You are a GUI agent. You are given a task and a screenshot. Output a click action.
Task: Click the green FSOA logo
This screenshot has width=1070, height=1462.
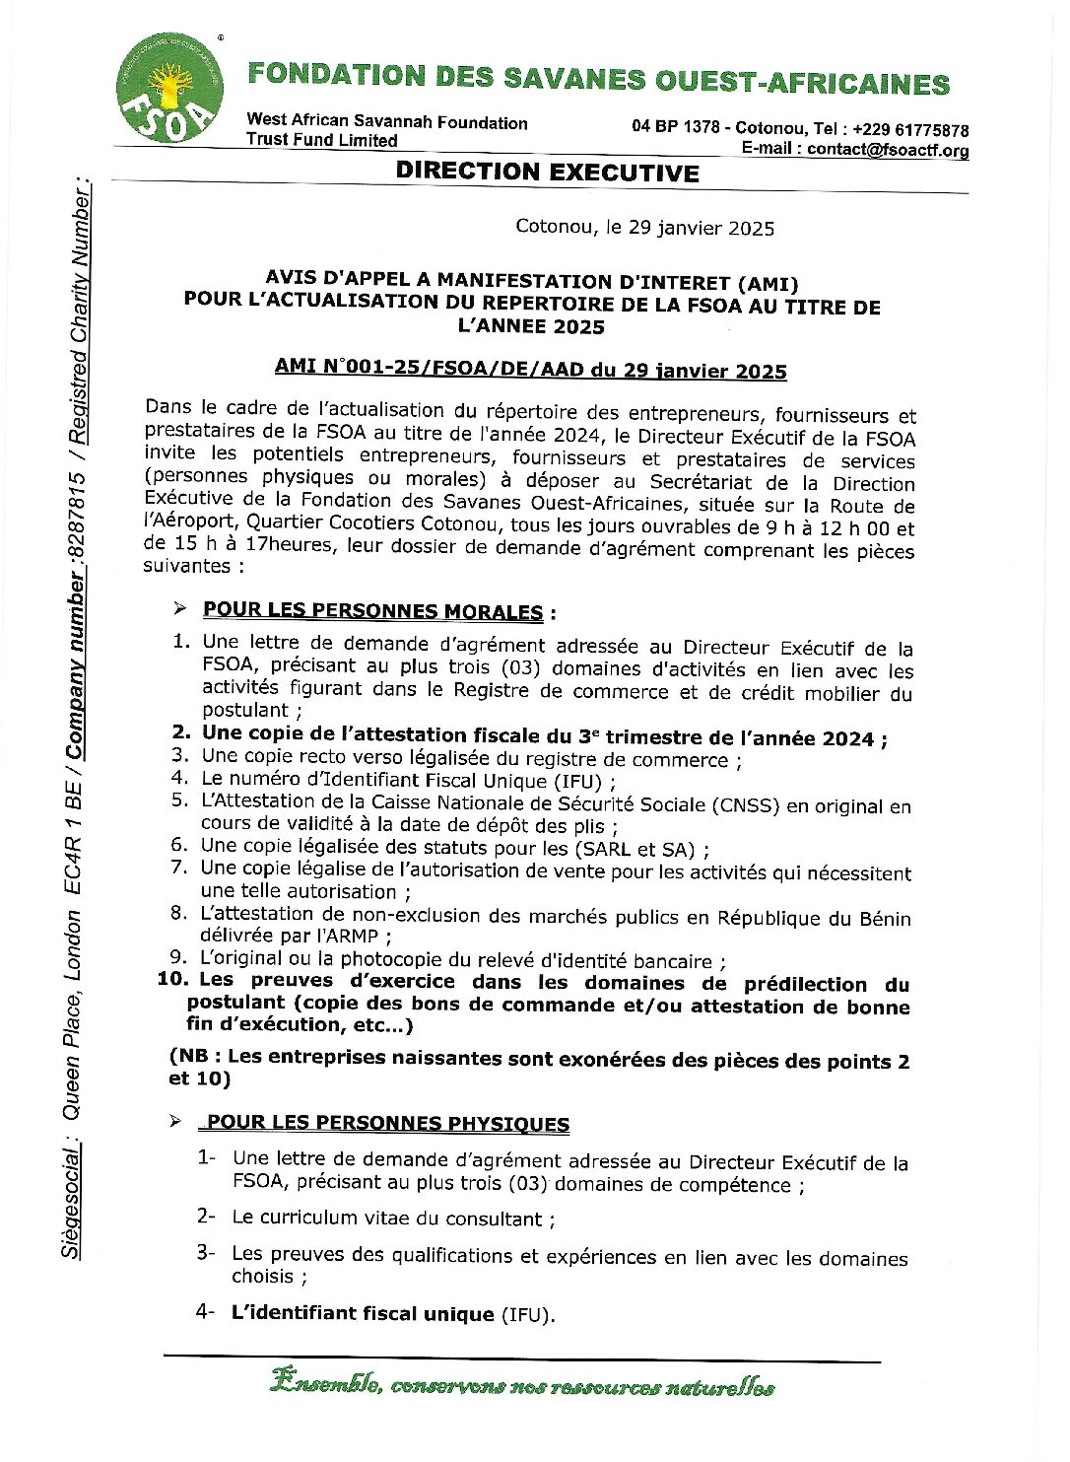point(168,88)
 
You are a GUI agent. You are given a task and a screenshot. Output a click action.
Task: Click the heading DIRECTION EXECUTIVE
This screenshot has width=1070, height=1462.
point(547,173)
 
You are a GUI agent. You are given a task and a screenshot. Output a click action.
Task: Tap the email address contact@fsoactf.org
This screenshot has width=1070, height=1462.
point(887,151)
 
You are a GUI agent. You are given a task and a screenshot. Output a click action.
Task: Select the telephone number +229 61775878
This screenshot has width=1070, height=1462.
point(910,130)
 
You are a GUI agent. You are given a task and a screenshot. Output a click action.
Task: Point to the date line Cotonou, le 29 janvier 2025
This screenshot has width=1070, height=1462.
point(644,228)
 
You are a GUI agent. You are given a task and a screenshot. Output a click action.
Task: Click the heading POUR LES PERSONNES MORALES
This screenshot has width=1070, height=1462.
point(372,611)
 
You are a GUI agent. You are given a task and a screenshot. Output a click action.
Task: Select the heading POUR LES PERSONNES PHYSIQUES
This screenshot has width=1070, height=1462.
point(387,1123)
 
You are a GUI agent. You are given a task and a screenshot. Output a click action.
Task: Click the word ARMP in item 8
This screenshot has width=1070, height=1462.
point(352,936)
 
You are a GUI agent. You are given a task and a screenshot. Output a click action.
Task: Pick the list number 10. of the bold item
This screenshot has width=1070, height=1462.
point(172,979)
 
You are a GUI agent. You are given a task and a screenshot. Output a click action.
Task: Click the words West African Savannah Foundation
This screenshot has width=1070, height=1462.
point(387,122)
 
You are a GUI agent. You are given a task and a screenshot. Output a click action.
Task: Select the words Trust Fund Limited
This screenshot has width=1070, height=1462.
point(322,140)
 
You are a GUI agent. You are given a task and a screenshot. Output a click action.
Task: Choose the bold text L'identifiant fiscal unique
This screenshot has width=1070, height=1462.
point(362,1313)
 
